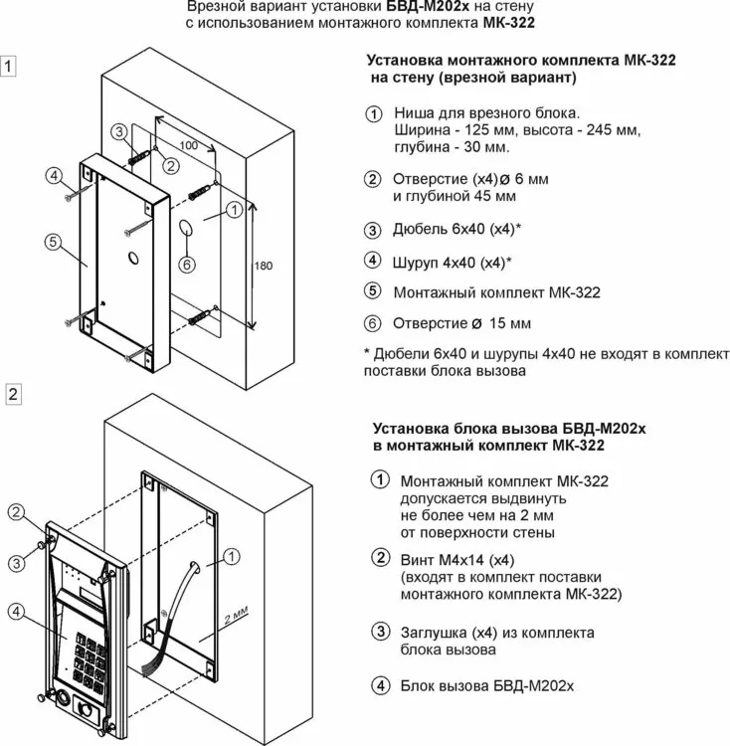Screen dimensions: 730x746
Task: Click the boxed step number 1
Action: point(8,66)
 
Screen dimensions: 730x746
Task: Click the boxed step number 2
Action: point(13,394)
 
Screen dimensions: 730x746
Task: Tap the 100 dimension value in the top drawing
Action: point(189,145)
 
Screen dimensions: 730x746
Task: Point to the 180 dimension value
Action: point(264,266)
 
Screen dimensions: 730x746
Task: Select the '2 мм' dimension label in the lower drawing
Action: point(236,615)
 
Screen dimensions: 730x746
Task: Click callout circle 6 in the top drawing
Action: point(187,265)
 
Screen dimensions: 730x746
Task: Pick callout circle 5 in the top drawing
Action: point(53,242)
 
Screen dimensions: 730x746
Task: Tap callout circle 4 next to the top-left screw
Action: point(55,175)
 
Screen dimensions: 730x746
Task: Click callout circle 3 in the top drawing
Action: point(119,131)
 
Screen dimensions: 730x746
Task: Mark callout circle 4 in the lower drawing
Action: point(16,612)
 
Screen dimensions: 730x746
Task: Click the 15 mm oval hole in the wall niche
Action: point(186,228)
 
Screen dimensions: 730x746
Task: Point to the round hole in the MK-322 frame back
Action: point(133,258)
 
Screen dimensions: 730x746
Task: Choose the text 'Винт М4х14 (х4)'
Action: point(457,560)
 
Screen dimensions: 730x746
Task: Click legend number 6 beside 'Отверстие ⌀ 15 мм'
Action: point(372,323)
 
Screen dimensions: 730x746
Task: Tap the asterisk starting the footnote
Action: point(367,352)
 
